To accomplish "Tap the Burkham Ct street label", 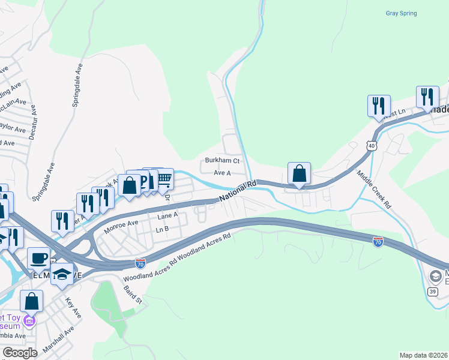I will (222, 161).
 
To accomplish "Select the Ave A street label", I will (222, 173).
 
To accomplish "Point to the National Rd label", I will (237, 191).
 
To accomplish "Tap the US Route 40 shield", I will (372, 146).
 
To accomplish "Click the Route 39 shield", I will (432, 292).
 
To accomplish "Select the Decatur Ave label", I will (34, 120).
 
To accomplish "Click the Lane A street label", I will (167, 215).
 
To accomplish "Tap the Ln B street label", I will (162, 229).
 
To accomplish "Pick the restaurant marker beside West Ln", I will (379, 105).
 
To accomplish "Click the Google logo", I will (20, 352).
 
